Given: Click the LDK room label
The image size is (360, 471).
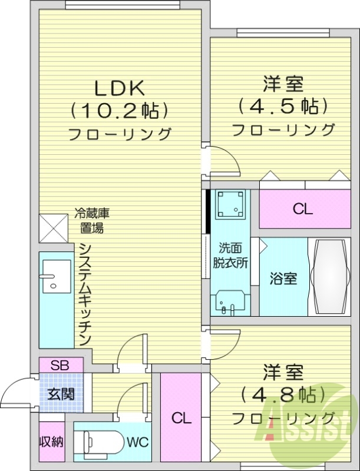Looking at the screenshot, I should pos(120,88).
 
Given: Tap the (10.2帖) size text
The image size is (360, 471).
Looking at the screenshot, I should pos(120,110).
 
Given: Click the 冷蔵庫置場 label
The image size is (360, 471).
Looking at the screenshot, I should pos(93,220).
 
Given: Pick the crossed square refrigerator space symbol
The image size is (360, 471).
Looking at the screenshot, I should pos(53,227).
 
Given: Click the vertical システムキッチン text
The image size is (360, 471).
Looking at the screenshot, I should pos(85,294).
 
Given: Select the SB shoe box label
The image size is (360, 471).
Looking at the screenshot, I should pos(59,365).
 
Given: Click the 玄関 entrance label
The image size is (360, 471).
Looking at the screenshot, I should pos(61,394).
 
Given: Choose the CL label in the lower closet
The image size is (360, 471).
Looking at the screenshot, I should pos(181,419).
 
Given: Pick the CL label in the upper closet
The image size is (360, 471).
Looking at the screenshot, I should pos(303,209).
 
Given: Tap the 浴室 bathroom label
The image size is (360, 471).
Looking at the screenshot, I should pos(283,278).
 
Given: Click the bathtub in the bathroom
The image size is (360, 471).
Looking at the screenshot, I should pos(330,277).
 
